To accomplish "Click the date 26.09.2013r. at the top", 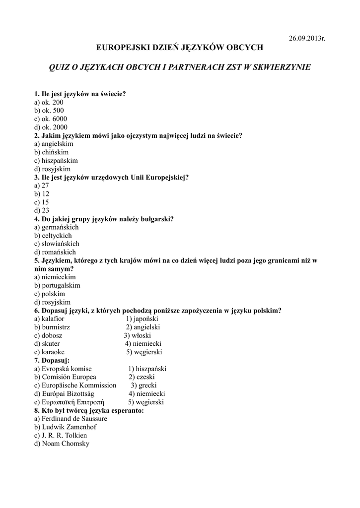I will click(307, 38).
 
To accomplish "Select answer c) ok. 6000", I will click(51, 119).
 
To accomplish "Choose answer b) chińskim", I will click(52, 152).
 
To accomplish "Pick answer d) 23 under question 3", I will click(42, 210).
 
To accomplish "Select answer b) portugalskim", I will click(57, 285).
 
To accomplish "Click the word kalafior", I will click(54, 318).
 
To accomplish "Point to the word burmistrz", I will click(56, 327).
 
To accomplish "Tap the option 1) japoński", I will click(142, 318).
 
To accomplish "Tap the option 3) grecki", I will click(144, 385).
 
